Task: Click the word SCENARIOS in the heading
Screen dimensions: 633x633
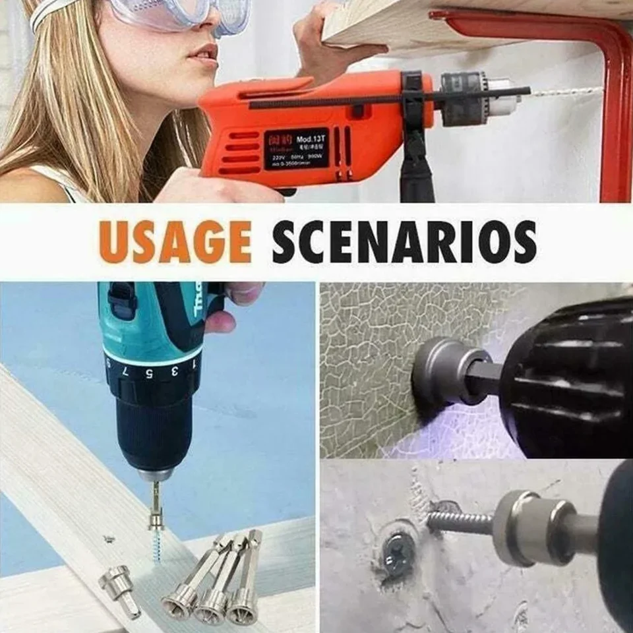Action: (x=404, y=241)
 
